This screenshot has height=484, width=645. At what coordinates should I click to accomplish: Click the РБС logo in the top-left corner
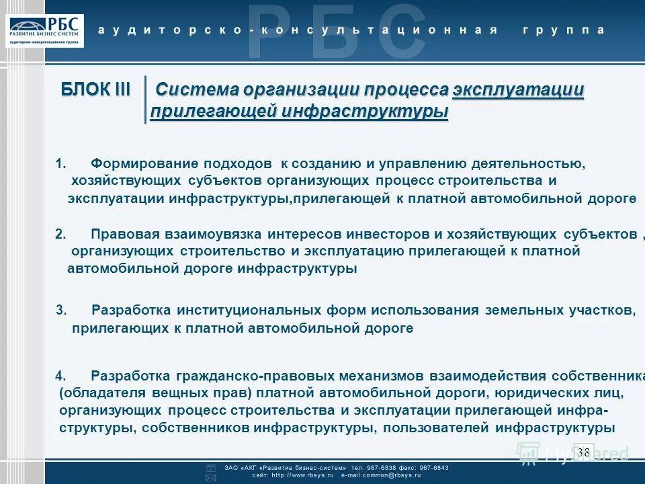click(46, 30)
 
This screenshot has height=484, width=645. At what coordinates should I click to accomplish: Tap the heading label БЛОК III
click(95, 89)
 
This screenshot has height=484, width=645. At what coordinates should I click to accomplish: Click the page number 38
click(583, 452)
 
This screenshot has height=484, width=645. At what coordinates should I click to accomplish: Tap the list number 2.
click(60, 235)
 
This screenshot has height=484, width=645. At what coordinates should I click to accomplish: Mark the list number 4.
click(60, 376)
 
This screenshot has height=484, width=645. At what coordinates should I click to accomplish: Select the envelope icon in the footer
click(210, 478)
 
